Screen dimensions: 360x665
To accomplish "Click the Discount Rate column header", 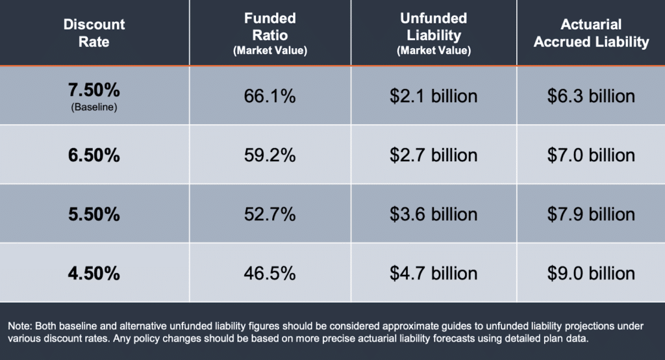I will pyautogui.click(x=94, y=33).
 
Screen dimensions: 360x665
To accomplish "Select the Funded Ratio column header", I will pyautogui.click(x=270, y=32).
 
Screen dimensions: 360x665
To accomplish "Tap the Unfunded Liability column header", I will pyautogui.click(x=434, y=32).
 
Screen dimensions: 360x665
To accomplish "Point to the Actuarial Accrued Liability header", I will pyautogui.click(x=591, y=33).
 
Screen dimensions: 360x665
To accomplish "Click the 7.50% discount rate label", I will pyautogui.click(x=94, y=90).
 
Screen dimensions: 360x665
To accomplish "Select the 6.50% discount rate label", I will pyautogui.click(x=94, y=155).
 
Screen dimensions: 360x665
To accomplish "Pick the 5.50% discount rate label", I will pyautogui.click(x=94, y=214).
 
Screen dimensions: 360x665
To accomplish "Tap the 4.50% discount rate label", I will pyautogui.click(x=94, y=273).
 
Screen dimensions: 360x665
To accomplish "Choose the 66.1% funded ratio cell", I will pyautogui.click(x=270, y=97).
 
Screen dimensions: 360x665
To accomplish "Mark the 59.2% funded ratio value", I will pyautogui.click(x=270, y=155).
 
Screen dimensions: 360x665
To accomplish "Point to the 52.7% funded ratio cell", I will pyautogui.click(x=270, y=214).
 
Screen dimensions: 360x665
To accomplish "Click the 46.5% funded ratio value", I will pyautogui.click(x=270, y=273).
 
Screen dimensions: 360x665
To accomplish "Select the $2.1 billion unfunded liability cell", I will pyautogui.click(x=434, y=97).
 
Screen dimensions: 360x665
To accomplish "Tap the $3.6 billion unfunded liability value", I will pyautogui.click(x=434, y=214).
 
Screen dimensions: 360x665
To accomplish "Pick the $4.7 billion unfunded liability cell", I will pyautogui.click(x=434, y=273).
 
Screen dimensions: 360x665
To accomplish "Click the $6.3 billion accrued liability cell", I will pyautogui.click(x=591, y=97).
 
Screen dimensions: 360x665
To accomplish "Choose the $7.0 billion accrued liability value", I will pyautogui.click(x=591, y=155).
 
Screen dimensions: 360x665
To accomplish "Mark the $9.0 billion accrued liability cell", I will pyautogui.click(x=591, y=273).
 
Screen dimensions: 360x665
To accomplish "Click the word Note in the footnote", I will pyautogui.click(x=20, y=327).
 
